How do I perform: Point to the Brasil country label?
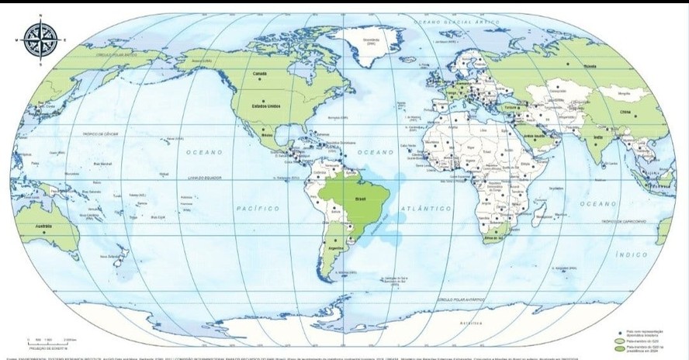pos(359,198)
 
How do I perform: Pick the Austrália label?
pos(44,226)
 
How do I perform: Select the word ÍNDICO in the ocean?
pos(632,254)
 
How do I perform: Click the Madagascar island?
pos(538,209)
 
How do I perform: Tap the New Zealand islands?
pos(116,257)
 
